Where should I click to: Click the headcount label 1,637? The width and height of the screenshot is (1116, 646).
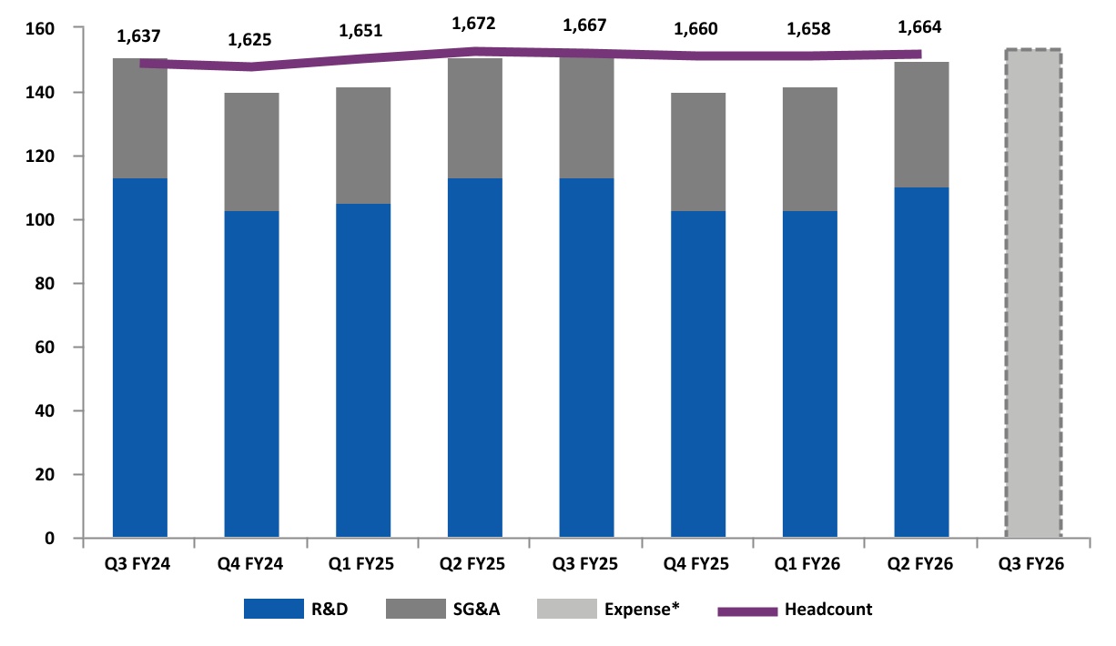coord(139,37)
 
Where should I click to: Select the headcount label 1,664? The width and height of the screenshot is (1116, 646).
coord(921,26)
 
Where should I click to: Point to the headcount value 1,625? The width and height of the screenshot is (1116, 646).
coord(251,40)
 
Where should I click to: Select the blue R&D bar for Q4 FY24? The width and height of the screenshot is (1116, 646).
coord(251,374)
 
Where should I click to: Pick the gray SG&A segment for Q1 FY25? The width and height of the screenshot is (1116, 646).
coord(363,146)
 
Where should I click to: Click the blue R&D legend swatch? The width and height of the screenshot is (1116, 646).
coord(273,610)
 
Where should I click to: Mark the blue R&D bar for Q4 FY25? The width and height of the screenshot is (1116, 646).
coord(698,374)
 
